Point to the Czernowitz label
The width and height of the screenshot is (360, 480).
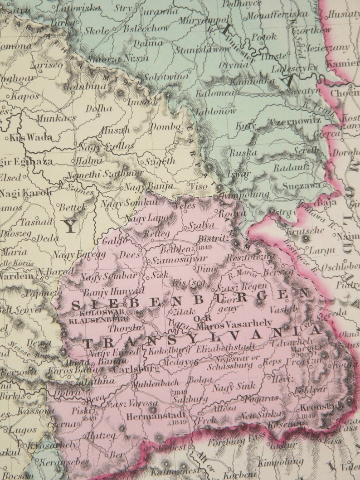(295, 121)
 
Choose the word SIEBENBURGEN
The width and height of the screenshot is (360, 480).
(186, 301)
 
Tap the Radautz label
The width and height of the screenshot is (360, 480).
(297, 167)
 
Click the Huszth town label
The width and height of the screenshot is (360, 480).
(115, 130)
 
